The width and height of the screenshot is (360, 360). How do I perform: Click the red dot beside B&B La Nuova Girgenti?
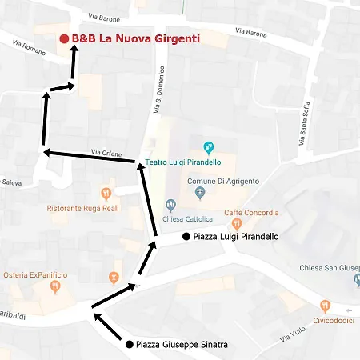(x=64, y=38)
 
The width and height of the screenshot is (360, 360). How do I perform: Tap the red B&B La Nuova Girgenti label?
(x=135, y=38)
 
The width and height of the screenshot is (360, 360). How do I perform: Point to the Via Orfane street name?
(x=106, y=152)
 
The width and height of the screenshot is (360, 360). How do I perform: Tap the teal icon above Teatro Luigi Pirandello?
(x=208, y=147)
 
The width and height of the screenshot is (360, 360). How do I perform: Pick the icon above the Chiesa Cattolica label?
(x=170, y=206)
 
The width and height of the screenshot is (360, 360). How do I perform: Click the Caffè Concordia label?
(x=251, y=213)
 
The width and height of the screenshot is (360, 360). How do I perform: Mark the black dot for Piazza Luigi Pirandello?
(x=186, y=237)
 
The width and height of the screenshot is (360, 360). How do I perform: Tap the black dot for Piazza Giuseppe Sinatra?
(x=129, y=345)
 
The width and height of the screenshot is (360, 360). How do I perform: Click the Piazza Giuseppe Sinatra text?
(x=182, y=345)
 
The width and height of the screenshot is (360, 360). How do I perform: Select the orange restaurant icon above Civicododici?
(x=325, y=305)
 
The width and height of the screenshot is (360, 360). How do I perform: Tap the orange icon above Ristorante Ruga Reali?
(x=106, y=194)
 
